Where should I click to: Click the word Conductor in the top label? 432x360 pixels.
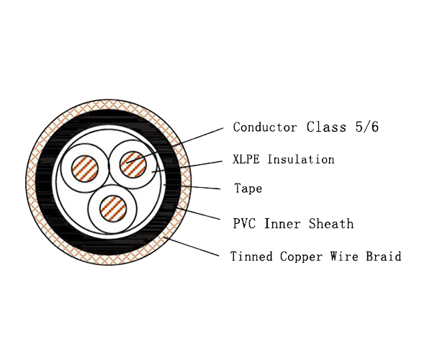click(x=265, y=127)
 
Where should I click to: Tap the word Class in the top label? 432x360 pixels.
click(x=326, y=127)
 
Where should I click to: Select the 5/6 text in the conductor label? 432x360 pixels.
click(x=367, y=127)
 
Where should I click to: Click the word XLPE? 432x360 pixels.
click(x=246, y=159)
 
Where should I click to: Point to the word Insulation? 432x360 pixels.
click(x=301, y=159)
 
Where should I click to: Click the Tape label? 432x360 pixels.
click(x=248, y=189)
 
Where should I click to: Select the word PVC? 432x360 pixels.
click(x=244, y=223)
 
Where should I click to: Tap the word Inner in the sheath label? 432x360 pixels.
click(x=282, y=223)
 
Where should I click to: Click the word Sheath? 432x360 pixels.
click(x=331, y=223)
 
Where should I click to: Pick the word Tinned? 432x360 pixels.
click(x=251, y=256)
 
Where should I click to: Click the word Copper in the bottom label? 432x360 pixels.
click(x=301, y=257)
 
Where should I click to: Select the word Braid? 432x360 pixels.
click(x=384, y=256)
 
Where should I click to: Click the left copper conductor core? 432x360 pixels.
click(x=85, y=168)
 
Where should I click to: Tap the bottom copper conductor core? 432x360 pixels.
click(x=113, y=209)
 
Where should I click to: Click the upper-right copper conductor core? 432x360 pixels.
click(x=133, y=164)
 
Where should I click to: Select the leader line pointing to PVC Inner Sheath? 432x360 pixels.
click(x=197, y=213)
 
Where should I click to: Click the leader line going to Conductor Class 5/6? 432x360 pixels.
click(x=175, y=145)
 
